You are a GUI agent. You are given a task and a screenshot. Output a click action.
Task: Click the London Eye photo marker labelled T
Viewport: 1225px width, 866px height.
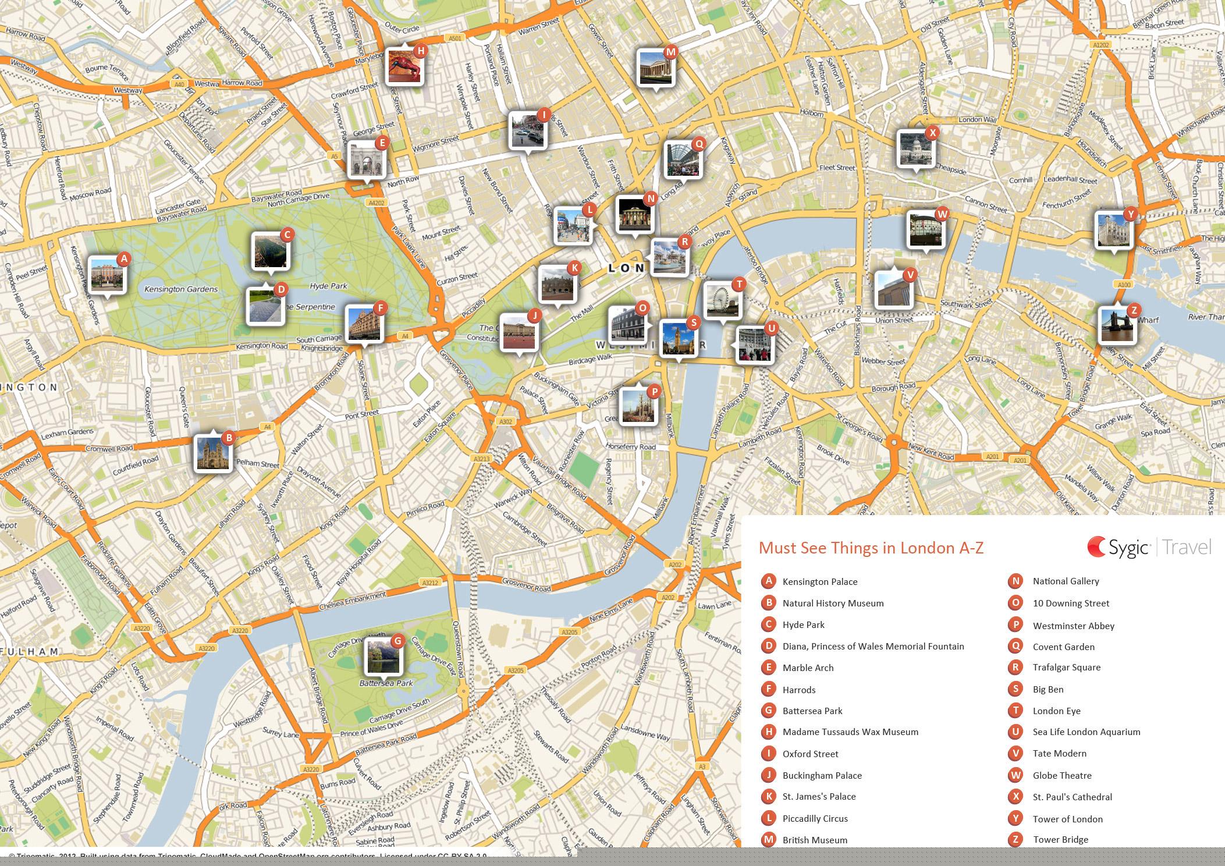(722, 301)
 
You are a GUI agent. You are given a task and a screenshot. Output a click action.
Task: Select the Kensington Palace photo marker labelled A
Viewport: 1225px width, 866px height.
(107, 274)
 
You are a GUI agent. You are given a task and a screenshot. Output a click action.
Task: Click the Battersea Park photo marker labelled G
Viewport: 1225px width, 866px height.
(383, 656)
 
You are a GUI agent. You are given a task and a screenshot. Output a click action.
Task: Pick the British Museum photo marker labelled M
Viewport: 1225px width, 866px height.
(656, 68)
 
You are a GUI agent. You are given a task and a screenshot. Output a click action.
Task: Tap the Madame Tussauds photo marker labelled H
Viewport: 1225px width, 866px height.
(404, 66)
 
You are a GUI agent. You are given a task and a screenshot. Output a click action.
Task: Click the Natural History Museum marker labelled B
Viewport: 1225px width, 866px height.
(212, 453)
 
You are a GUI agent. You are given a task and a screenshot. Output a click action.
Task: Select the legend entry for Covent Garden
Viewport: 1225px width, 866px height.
(1063, 647)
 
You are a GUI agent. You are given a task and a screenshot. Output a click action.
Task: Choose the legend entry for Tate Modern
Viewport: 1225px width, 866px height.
(1059, 753)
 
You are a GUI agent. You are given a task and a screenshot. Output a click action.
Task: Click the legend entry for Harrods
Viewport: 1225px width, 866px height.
(798, 690)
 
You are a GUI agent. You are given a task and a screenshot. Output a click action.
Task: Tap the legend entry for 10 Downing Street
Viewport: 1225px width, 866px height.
(1071, 603)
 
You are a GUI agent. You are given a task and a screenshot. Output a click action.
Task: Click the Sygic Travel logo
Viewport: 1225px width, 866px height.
(1149, 547)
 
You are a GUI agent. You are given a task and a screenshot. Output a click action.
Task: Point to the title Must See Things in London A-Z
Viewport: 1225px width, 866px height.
(871, 548)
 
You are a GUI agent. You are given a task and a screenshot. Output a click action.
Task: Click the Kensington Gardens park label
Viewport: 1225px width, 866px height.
(180, 289)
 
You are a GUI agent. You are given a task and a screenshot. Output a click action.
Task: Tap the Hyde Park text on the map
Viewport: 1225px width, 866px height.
(328, 286)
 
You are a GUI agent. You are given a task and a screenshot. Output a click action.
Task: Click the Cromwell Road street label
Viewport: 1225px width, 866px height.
(109, 449)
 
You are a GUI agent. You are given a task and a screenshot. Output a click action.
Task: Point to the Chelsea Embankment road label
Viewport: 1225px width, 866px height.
(352, 601)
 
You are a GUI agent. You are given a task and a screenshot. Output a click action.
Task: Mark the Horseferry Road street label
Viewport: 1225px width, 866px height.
(631, 447)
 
